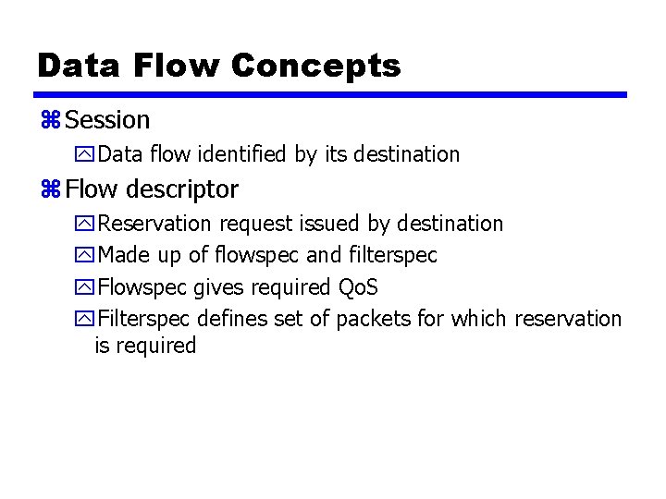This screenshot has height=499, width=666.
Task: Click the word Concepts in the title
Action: coord(315,66)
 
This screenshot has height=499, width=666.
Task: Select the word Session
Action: coord(108,120)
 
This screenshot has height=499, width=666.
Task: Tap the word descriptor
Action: coord(183,189)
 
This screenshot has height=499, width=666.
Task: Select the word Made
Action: coord(120,255)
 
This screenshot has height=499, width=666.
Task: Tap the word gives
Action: coord(212,287)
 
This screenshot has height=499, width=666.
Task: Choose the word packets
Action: coord(374,319)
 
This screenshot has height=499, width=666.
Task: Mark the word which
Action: coord(479,319)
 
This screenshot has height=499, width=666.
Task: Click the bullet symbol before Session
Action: coord(50,121)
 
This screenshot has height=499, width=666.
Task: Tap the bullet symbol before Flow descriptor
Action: coord(50,190)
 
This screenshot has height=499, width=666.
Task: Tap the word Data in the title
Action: coord(79,66)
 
